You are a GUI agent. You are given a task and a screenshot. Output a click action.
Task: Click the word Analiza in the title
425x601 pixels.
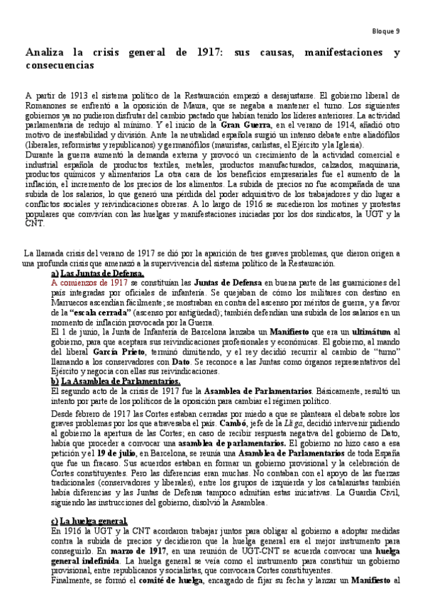click(45, 53)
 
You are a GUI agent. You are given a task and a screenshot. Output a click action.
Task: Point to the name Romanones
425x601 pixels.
click(47, 103)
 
